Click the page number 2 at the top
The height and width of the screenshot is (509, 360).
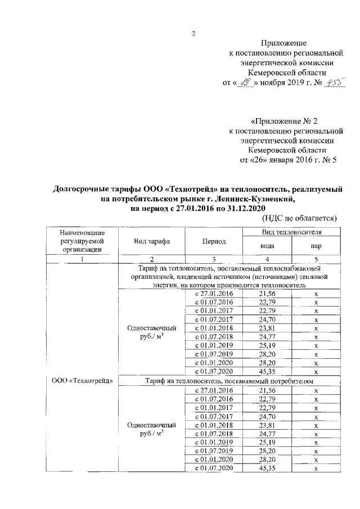(193, 33)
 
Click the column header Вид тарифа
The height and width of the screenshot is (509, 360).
(152, 241)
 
